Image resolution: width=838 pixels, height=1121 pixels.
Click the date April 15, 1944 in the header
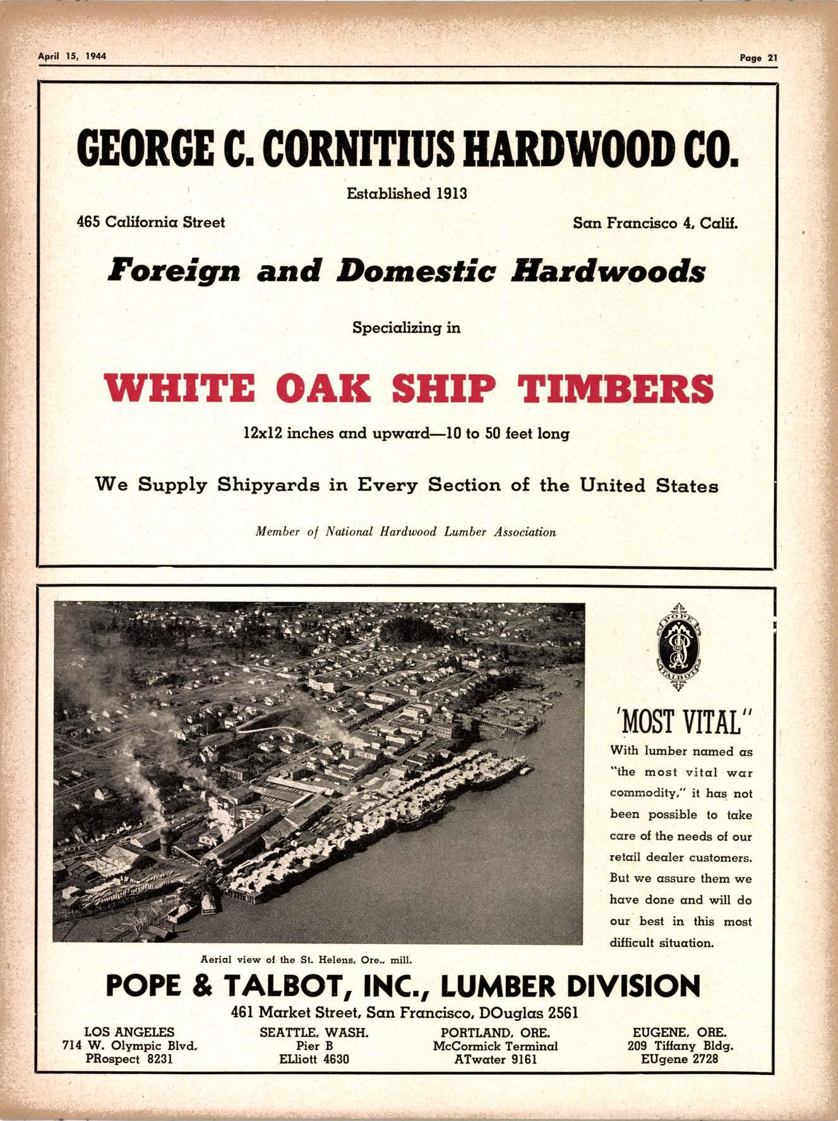coord(72,56)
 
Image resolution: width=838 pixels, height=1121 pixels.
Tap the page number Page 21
coord(759,58)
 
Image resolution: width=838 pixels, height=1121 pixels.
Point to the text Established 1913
coord(407,193)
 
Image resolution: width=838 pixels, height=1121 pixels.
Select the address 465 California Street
coord(150,222)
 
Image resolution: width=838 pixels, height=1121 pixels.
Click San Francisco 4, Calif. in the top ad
coord(655,223)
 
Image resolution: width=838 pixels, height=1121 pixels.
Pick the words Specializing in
coord(406,328)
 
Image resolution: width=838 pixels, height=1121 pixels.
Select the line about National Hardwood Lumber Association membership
coord(405,531)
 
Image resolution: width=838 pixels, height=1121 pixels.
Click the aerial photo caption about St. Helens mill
coord(306,959)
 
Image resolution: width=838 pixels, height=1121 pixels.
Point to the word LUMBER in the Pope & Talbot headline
coord(497,986)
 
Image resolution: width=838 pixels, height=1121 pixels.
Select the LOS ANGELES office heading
coord(129,1032)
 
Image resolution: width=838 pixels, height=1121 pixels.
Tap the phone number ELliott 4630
coord(314,1058)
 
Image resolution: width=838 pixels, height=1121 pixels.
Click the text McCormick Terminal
coord(495,1045)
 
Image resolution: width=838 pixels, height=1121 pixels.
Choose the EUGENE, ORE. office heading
coord(679,1032)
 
